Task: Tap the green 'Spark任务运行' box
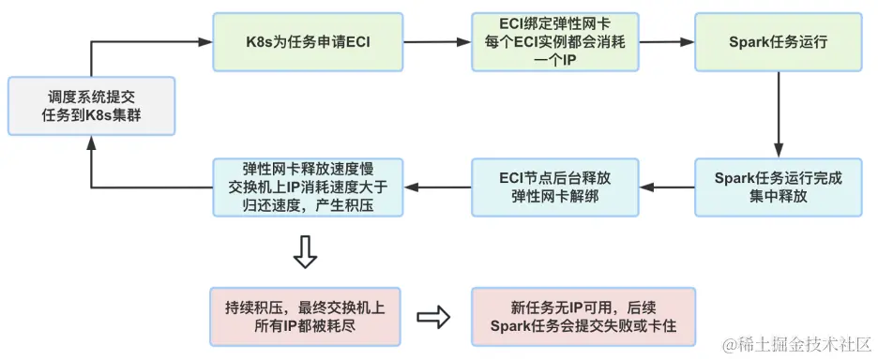point(778,42)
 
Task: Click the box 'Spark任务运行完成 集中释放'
point(778,187)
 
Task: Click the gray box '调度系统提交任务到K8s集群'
point(91,106)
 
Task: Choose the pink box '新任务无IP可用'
point(583,316)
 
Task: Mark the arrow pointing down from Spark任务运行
point(778,113)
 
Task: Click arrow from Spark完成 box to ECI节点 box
point(666,187)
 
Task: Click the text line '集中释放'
point(778,196)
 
